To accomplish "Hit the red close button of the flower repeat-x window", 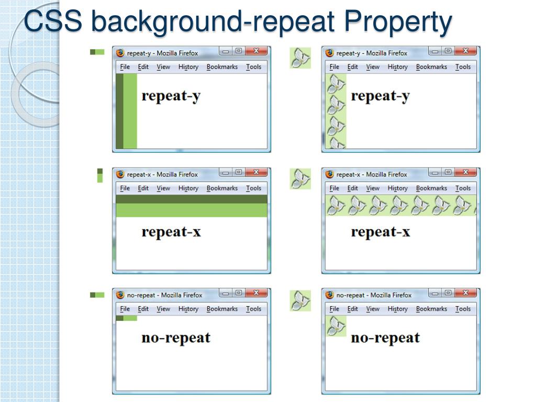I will coord(465,172).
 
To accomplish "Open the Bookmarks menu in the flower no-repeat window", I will coord(431,309).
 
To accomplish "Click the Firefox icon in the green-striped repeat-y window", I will coord(120,53).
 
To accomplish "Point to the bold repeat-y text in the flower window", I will coord(380,96).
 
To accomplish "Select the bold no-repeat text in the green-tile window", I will coord(176,338).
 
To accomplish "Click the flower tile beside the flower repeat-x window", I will coord(300,178).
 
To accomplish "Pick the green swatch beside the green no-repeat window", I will coord(97,295).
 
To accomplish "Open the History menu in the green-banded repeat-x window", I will coord(188,188).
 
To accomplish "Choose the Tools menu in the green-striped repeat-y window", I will coord(253,67).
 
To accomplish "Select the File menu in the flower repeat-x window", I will coord(334,188).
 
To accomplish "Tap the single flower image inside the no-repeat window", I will coord(336,326).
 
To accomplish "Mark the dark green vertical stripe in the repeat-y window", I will coord(119,111).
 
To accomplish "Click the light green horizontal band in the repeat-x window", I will coord(191,210).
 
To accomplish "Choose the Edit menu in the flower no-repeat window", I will coord(352,309).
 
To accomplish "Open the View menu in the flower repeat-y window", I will coord(373,67).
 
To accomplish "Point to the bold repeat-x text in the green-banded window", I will coord(171,232).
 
